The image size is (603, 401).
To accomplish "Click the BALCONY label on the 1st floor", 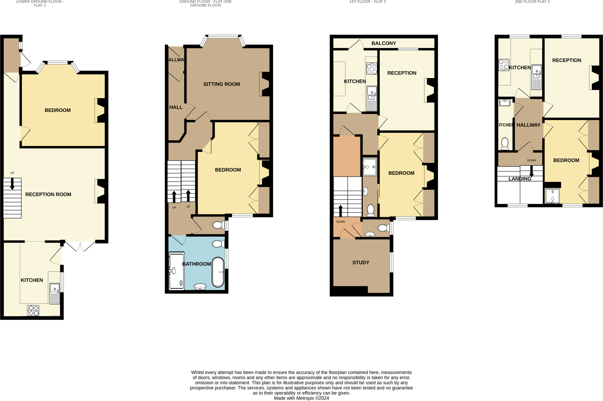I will pos(384,43).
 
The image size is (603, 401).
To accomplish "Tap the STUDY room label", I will pos(361,262).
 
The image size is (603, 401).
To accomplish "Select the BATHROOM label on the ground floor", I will pos(196,264).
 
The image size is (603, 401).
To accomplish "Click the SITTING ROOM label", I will pos(221,84).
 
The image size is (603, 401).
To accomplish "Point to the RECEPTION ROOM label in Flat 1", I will pos(48,194).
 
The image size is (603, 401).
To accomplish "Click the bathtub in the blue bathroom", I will pos(218,272).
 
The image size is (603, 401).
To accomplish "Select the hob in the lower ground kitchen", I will pos(33,310).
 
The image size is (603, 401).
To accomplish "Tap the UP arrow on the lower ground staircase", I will pos(12,184).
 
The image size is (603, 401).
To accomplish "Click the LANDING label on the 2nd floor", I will pos(520,179).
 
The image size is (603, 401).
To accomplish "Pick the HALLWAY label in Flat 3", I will pos(528,125).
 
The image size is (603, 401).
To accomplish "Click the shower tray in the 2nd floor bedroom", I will pos(552,196).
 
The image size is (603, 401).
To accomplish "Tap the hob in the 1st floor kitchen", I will pos(372,69).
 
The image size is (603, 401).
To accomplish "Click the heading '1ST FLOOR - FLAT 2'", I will pos(367,2).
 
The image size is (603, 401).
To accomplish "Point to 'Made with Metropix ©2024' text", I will pos(301,398).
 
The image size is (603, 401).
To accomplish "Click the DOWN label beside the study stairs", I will pos(340,222).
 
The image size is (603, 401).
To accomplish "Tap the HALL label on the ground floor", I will pos(176,107).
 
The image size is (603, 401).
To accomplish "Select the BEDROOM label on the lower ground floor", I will pos(58,110).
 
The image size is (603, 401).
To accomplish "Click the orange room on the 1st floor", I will pos(347,156).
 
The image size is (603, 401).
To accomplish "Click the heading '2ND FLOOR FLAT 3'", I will pos(532,2).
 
